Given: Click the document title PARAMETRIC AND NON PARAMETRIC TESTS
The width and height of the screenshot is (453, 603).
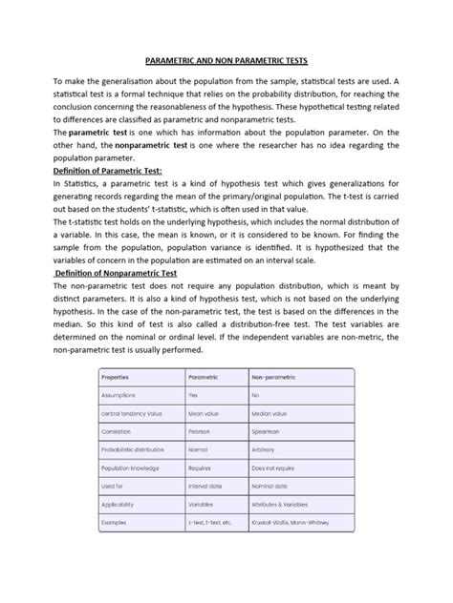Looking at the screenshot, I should [226, 57].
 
